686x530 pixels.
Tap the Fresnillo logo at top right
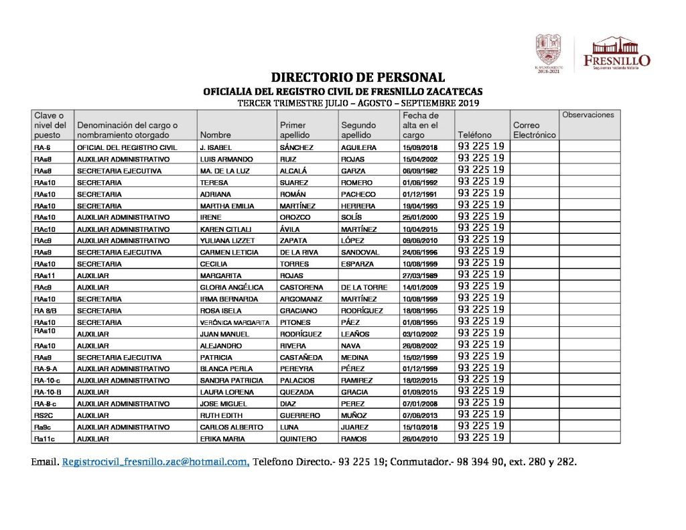coord(616,52)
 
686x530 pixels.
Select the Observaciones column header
coord(588,115)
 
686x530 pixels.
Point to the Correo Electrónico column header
coord(534,130)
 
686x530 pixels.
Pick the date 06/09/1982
coord(420,171)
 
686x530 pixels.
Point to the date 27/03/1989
coord(420,275)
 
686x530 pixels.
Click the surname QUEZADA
coord(297,392)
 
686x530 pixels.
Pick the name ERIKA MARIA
coord(220,439)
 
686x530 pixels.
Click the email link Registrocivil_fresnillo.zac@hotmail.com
coord(155,462)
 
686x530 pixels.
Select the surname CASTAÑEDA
coord(301,357)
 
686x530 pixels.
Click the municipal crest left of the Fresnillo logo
coord(549,51)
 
